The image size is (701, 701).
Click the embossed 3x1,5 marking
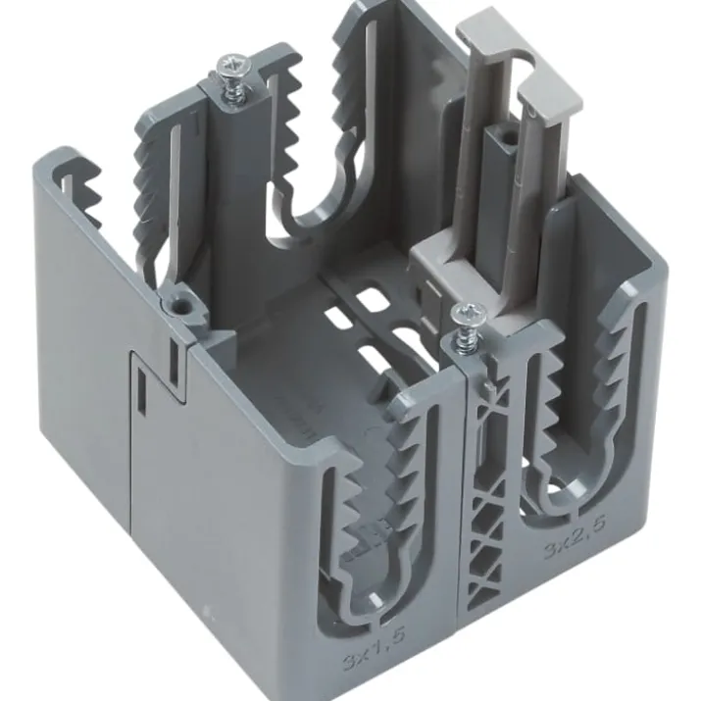(x=375, y=644)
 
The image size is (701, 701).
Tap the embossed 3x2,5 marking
(x=576, y=537)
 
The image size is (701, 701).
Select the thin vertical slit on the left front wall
(x=141, y=388)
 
